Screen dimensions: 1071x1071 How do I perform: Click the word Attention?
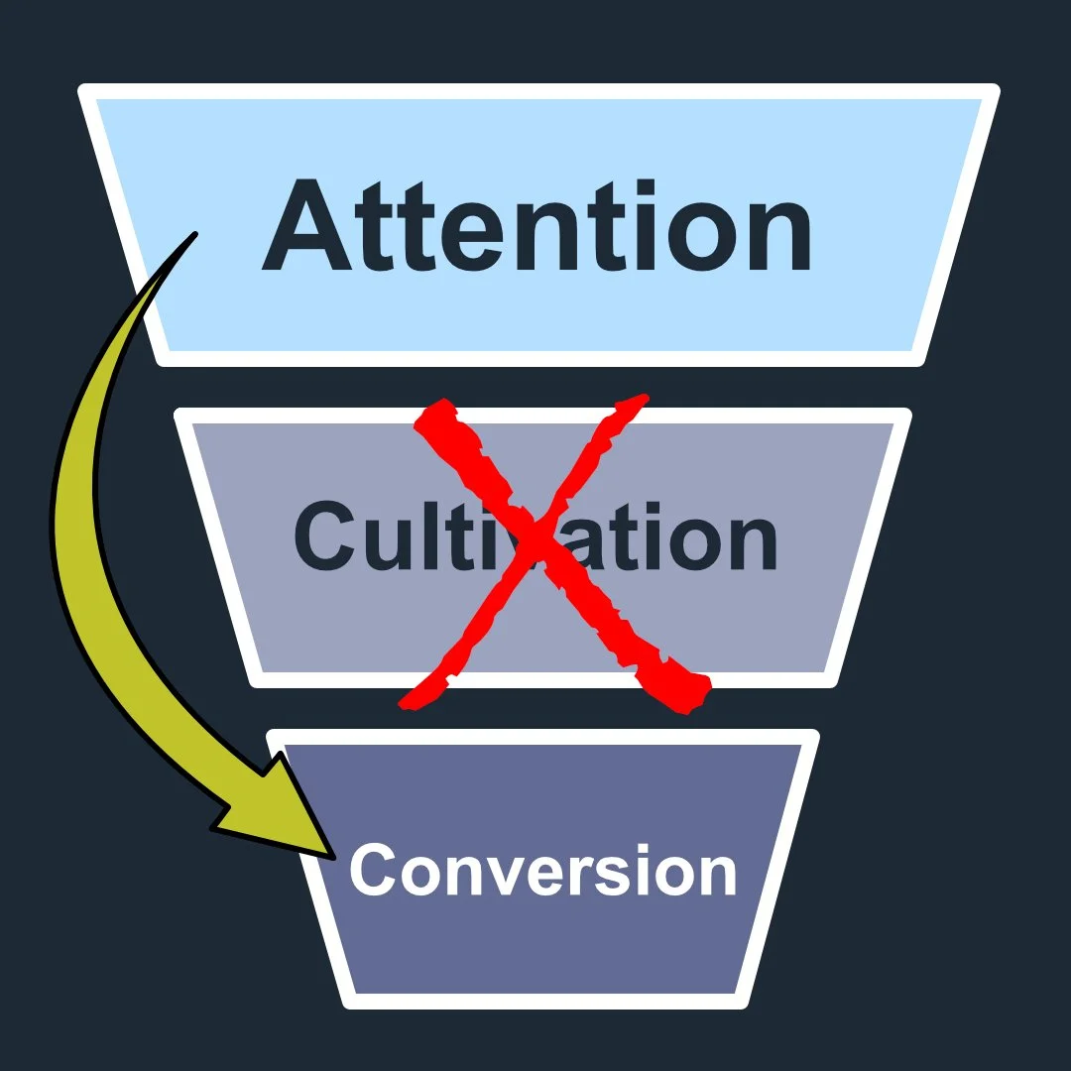coord(536,226)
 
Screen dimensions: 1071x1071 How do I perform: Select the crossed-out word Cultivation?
coord(535,536)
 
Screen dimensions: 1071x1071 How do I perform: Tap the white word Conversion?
coord(542,871)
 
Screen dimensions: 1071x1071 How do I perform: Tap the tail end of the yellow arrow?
coord(190,238)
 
